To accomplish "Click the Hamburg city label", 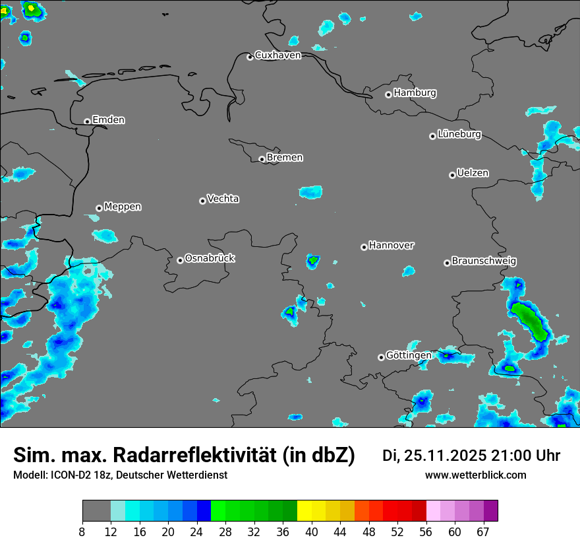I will point(415,93).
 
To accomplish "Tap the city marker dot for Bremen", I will point(262,159).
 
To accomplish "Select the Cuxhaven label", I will point(277,55).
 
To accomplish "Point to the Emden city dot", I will point(87,121).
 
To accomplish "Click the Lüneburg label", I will point(459,135).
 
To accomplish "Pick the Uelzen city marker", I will point(452,175).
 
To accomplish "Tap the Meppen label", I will point(123,207).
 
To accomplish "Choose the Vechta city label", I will point(223,199).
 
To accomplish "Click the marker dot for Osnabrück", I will point(180,260).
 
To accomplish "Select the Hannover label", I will point(391,246).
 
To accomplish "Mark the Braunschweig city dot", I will point(447,263).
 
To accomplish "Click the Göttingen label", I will point(409,355).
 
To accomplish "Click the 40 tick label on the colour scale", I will point(312,532).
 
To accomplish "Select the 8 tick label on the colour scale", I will point(82,532).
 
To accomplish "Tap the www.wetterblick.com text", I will point(476,475).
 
